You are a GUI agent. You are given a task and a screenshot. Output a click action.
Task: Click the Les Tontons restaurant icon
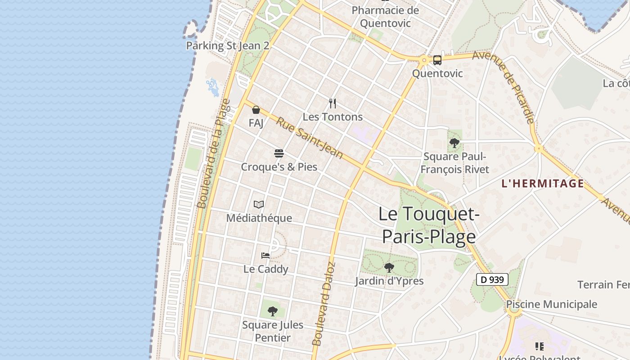tap(333, 103)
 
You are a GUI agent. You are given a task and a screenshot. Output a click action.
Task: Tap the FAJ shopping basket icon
tap(256, 109)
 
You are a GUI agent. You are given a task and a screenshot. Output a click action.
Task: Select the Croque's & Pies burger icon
tap(279, 153)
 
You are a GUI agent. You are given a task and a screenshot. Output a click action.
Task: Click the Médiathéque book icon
tap(259, 205)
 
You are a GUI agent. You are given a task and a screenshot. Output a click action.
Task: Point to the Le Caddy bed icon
tap(265, 256)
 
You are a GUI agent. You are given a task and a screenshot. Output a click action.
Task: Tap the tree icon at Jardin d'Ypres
tap(389, 268)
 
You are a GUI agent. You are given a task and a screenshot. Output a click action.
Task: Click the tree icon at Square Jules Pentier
tap(273, 311)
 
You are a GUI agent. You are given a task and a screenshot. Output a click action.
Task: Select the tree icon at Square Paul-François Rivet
tap(454, 143)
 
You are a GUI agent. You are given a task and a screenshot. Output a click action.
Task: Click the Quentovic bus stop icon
tap(437, 60)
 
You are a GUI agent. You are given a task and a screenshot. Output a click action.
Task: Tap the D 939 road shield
tap(492, 279)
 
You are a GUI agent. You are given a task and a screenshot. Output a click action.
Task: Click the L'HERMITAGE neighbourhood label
tap(542, 184)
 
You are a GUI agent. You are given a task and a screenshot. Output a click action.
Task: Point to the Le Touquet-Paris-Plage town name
tap(429, 225)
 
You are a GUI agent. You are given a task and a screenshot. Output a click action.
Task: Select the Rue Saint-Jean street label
tap(309, 138)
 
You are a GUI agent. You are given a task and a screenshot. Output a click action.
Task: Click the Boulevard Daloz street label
tap(324, 304)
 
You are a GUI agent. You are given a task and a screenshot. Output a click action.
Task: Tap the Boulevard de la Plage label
tap(214, 154)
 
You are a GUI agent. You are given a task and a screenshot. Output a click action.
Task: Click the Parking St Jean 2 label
tap(228, 45)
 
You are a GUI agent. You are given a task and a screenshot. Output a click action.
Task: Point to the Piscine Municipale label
tap(552, 304)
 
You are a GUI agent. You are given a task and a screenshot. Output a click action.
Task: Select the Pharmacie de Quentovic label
tap(385, 17)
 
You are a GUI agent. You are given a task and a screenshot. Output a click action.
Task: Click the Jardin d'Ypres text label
tap(389, 281)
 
